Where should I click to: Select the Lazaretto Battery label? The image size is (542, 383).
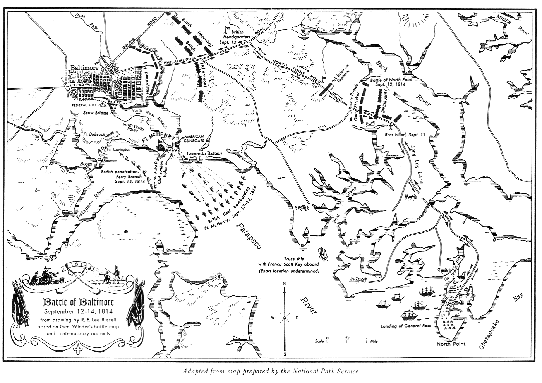204,154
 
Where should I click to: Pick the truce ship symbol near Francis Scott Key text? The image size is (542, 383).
322,253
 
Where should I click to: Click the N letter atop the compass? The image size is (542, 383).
285,283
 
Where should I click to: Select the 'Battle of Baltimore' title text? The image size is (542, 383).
73,302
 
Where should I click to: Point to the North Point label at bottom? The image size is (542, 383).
451,344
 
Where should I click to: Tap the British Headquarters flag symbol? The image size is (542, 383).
228,29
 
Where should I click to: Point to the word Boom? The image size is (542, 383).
86,164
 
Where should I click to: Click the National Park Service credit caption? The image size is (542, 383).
271,371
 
